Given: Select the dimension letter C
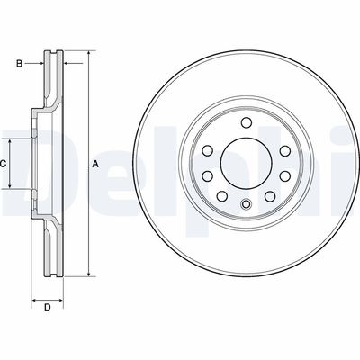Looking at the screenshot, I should [3, 164].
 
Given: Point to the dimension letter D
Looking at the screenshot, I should [47, 309].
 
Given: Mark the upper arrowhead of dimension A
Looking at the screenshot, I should [89, 56].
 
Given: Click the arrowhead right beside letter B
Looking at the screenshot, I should [40, 63].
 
